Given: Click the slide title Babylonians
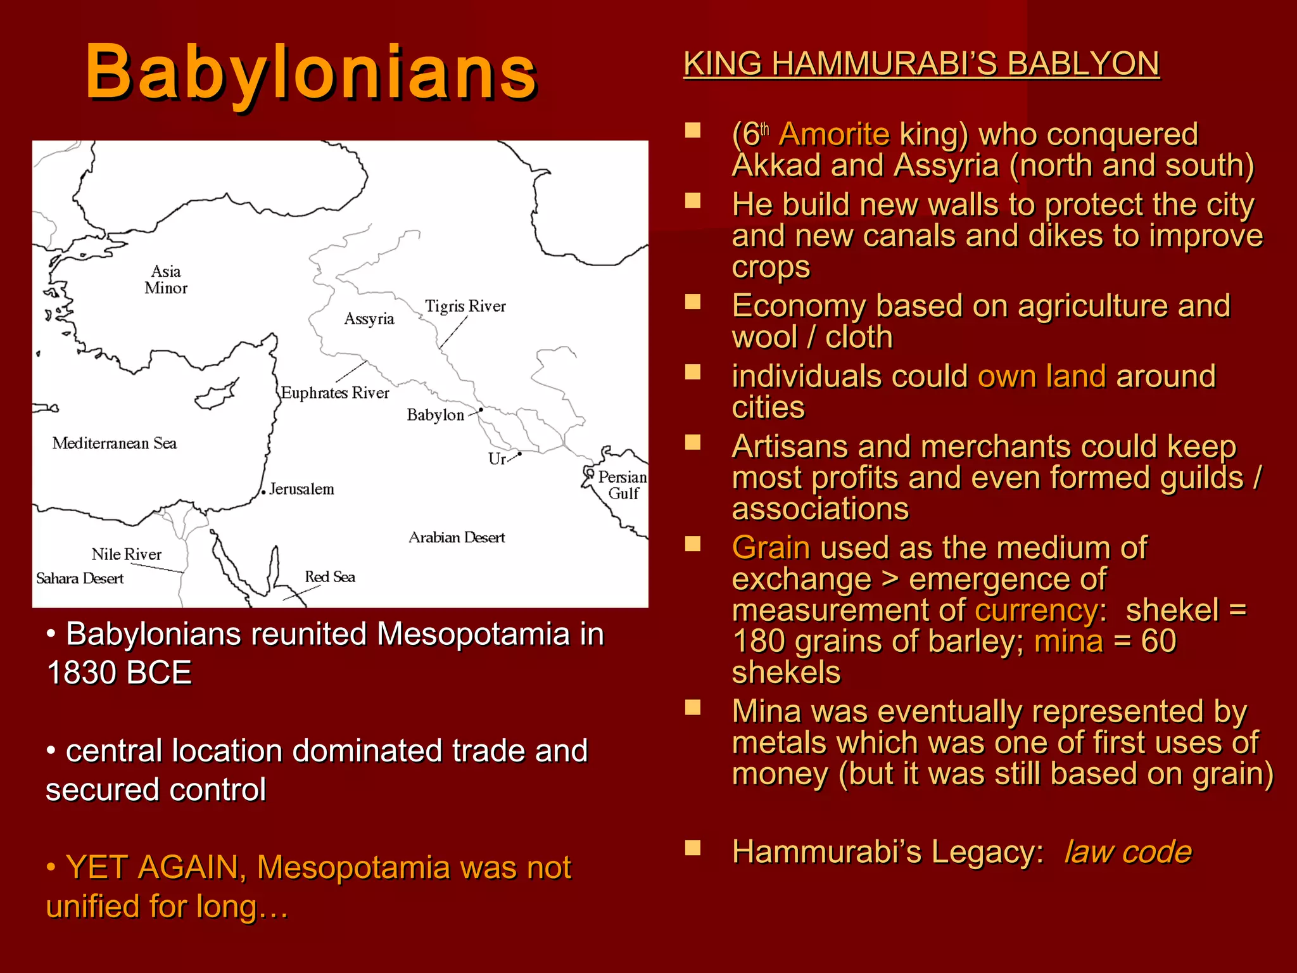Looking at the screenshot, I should point(311,73).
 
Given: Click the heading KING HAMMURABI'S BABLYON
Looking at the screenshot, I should point(921,64).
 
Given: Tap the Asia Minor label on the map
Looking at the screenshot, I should point(166,279).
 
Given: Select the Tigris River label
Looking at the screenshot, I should point(465,307).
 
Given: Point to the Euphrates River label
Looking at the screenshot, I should point(335,393).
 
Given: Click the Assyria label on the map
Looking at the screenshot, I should point(369,319).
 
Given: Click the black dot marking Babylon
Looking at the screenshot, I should point(481,410).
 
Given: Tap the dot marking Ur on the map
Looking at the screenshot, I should point(520,454).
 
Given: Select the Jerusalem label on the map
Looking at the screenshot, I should point(301,489).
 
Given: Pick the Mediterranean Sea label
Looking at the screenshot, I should point(115,443).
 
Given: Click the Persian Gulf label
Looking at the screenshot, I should point(623,485).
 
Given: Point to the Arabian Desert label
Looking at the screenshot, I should point(457,538).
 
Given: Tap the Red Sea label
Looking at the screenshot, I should point(330,577).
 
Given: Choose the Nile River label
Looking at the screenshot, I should point(127,554).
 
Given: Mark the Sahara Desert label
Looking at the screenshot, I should point(80,578).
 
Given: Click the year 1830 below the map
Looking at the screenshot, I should point(87,673).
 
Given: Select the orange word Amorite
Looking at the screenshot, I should point(834,134).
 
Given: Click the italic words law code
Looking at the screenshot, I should point(1128,852).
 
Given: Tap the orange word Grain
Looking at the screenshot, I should point(771,548).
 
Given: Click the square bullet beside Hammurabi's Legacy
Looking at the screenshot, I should point(693,848).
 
